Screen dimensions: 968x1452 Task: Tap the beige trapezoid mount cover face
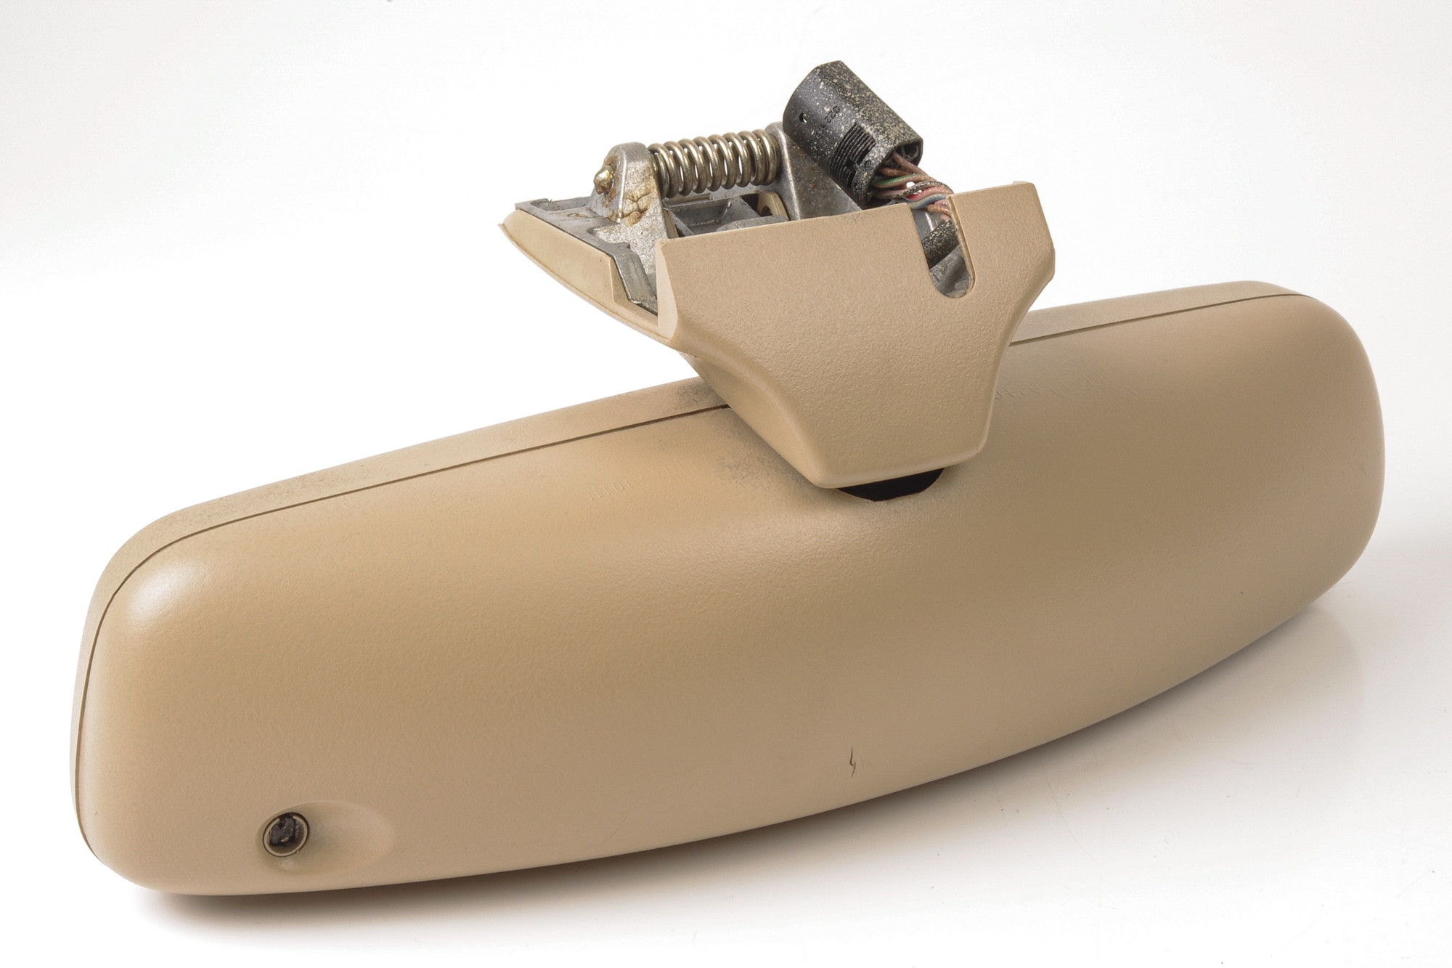[x=835, y=341]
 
